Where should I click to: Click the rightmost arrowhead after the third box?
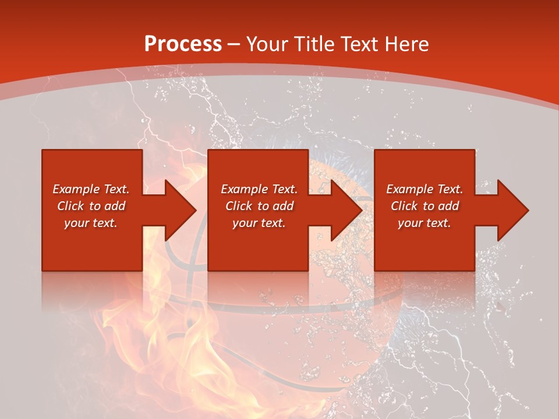tap(512, 210)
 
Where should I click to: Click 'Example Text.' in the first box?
tap(91, 189)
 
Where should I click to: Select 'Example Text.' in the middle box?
tap(259, 189)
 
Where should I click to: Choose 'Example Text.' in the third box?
tap(424, 189)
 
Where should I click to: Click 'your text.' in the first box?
tap(91, 223)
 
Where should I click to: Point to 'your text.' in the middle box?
tap(259, 223)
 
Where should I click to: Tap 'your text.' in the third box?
tap(424, 223)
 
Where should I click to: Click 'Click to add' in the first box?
tap(91, 206)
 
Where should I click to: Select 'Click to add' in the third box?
tap(424, 206)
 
